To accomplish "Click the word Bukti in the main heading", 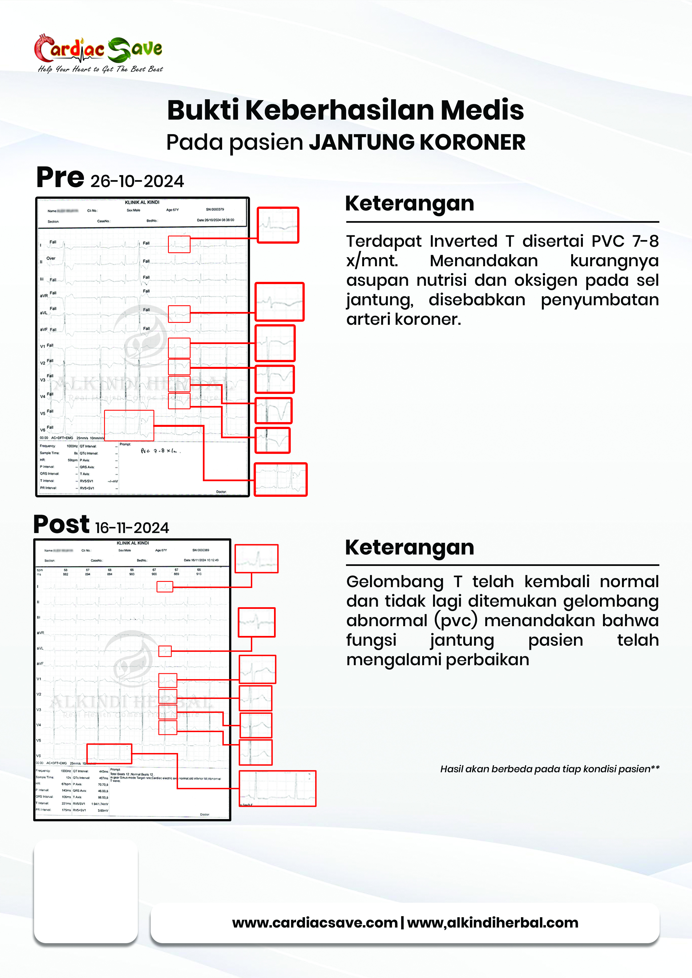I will click(203, 110).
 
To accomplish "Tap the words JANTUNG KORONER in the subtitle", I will click(417, 142).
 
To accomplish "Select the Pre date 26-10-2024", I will click(137, 181).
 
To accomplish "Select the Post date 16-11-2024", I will click(132, 528).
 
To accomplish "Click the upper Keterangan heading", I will click(409, 203).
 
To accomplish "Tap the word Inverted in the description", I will click(463, 241).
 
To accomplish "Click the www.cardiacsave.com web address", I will click(315, 923).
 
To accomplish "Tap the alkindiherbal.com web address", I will click(492, 923).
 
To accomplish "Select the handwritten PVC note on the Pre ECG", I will click(161, 451).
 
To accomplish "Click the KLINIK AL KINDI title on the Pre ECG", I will click(142, 202).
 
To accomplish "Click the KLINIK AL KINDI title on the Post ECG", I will click(133, 543).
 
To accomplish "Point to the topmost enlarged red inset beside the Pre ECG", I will click(278, 225).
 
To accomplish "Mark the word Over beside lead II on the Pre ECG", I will click(51, 258).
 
